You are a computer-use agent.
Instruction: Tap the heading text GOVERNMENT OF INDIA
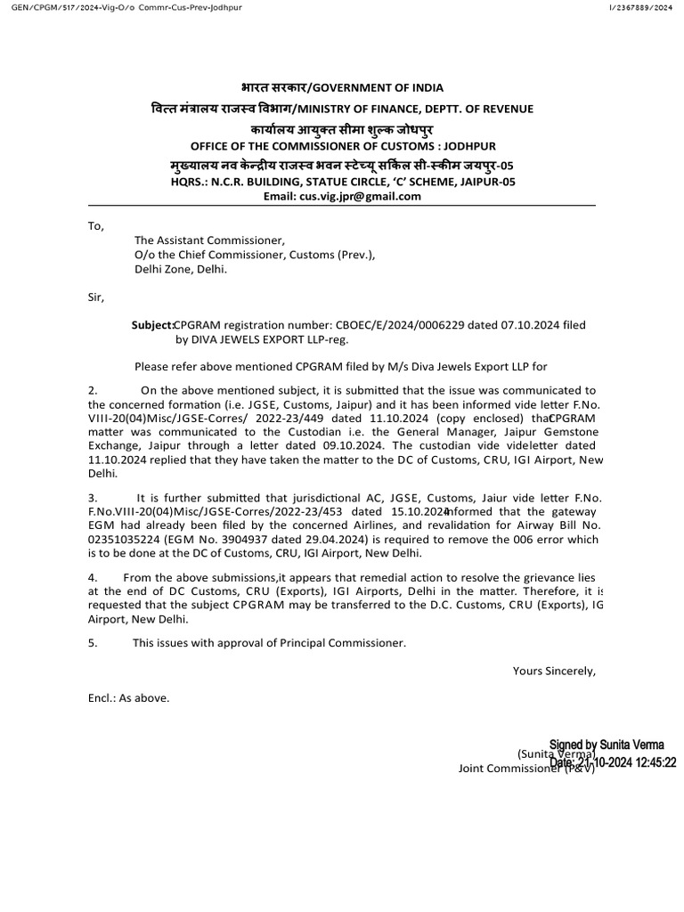tap(384, 87)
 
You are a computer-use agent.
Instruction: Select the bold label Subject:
tap(152, 326)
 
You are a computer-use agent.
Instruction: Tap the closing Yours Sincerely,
tap(554, 671)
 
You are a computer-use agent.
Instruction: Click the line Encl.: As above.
tap(128, 698)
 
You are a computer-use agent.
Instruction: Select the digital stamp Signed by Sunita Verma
tap(607, 745)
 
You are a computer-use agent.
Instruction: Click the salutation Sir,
tap(96, 297)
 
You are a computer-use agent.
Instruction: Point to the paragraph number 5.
tap(93, 642)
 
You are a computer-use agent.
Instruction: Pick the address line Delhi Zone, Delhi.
tap(181, 269)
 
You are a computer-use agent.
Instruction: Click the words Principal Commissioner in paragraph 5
tap(346, 642)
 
